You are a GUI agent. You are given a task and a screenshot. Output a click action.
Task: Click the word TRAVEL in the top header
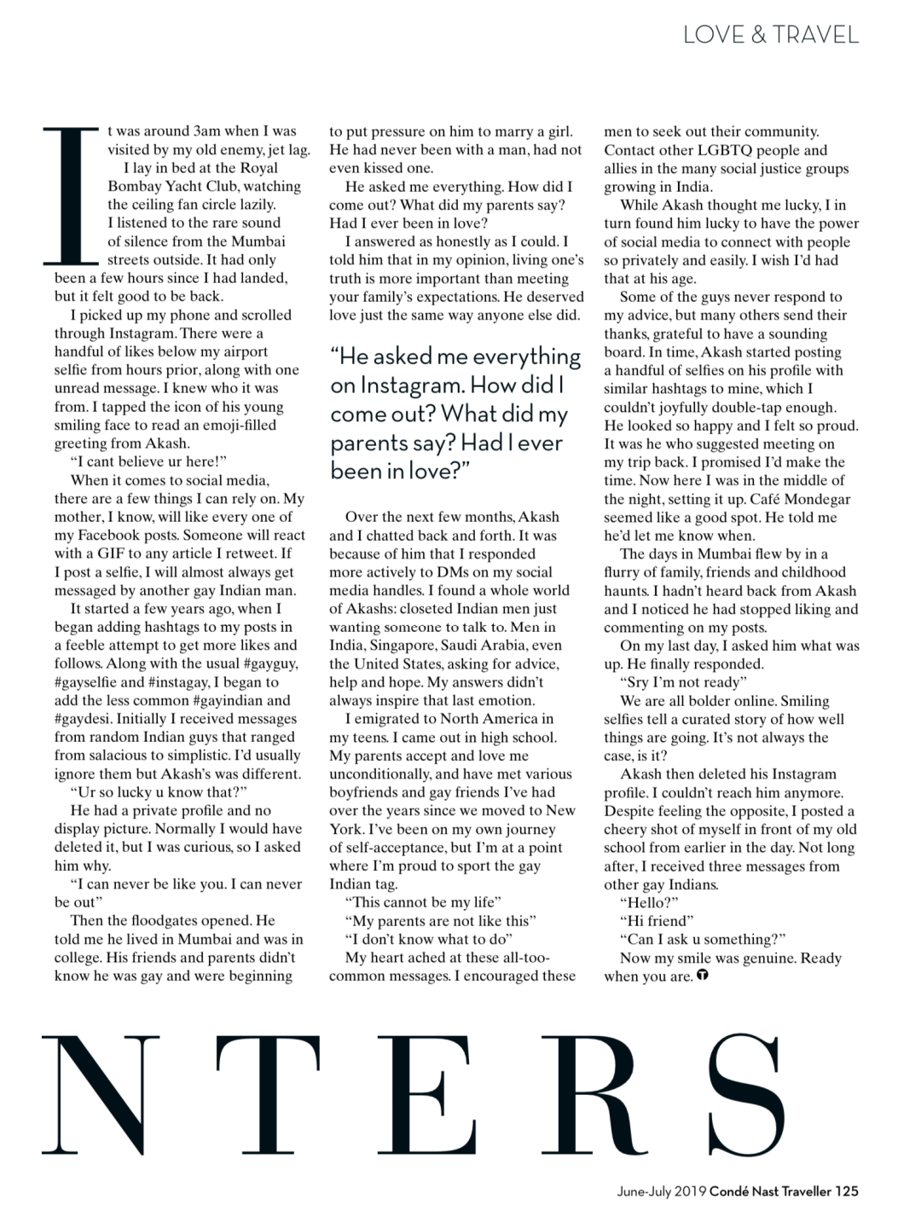[817, 35]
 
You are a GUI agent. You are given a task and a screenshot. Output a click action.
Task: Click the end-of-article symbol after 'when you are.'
[703, 976]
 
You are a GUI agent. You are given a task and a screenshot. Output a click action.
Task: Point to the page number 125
[847, 1191]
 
